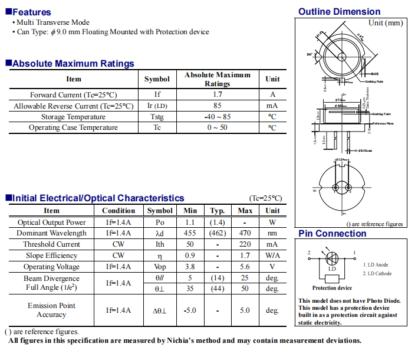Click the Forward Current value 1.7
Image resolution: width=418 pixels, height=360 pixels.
[218, 94]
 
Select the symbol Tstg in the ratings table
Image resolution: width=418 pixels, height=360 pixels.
[157, 117]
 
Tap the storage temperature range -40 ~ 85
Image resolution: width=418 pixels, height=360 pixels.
[218, 117]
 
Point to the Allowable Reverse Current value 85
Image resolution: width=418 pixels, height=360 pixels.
[218, 106]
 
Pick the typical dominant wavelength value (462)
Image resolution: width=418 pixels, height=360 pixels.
[218, 233]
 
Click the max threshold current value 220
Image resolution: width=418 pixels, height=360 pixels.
[245, 244]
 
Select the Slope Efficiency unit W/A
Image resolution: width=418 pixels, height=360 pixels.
[272, 256]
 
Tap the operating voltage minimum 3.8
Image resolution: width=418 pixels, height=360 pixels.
[190, 267]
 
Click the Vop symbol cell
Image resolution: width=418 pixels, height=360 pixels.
[160, 267]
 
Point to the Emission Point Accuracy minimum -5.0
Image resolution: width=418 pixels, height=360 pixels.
[190, 310]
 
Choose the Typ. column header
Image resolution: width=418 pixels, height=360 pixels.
[218, 211]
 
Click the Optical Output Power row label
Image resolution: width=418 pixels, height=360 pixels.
[52, 222]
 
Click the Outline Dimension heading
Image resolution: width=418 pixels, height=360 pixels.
[339, 12]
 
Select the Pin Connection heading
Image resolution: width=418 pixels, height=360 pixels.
[332, 234]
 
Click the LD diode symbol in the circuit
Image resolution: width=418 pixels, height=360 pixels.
[331, 258]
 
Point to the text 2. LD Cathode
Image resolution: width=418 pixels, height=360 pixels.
[377, 273]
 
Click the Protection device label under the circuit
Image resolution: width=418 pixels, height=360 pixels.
[331, 288]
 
